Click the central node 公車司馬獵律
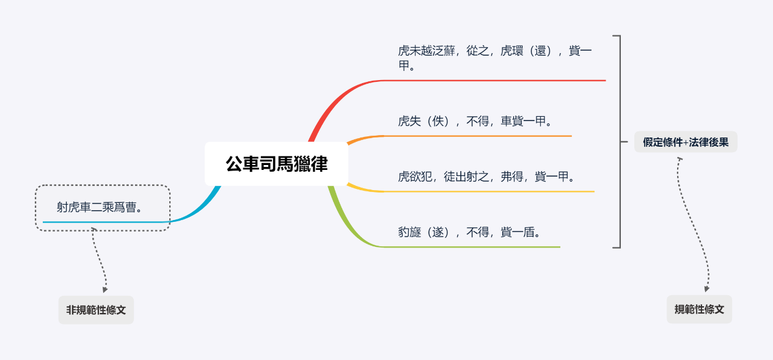(x=276, y=164)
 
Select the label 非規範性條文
(x=96, y=310)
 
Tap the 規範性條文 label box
(x=699, y=309)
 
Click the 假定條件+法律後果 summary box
(x=686, y=142)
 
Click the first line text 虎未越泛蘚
(x=427, y=51)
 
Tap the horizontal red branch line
(x=494, y=81)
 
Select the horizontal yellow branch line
(x=489, y=191)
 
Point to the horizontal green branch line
(x=472, y=247)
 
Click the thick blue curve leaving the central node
(x=199, y=210)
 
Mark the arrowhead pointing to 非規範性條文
(x=105, y=290)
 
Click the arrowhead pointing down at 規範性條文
(x=707, y=288)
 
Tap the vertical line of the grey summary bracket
(x=620, y=142)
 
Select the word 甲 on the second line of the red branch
(x=404, y=65)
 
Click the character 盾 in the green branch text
(x=529, y=232)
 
